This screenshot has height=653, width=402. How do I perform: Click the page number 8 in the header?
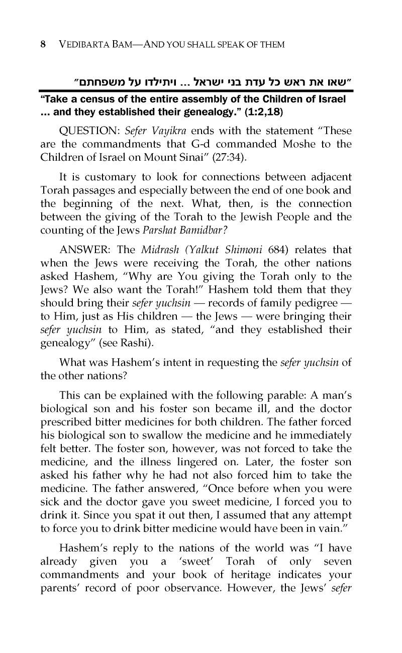pyautogui.click(x=44, y=44)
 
